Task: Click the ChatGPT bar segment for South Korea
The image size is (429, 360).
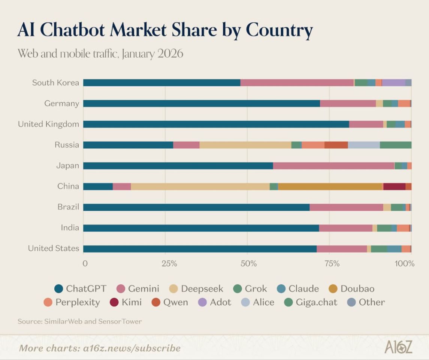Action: click(161, 83)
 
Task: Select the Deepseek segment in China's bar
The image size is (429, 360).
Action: click(200, 187)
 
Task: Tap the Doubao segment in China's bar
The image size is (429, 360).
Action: click(330, 187)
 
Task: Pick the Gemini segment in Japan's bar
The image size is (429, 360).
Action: click(333, 166)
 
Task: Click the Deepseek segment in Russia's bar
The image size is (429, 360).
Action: click(245, 145)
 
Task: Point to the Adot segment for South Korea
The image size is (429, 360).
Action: click(393, 83)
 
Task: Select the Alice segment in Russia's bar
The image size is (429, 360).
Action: click(364, 145)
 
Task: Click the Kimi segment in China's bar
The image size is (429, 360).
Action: click(394, 187)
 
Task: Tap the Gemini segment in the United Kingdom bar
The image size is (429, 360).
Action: click(366, 124)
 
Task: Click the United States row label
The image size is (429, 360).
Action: click(54, 248)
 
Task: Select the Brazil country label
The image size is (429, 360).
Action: click(68, 207)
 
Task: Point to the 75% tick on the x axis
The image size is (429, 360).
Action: click(332, 263)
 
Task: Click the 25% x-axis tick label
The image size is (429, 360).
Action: click(169, 263)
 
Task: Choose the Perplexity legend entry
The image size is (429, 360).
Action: click(72, 302)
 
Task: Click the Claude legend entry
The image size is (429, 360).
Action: click(298, 289)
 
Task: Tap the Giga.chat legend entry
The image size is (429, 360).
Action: click(311, 302)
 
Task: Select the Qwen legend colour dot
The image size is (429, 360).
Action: click(157, 302)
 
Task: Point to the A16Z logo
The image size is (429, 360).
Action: click(398, 347)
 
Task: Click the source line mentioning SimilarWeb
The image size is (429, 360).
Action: click(80, 321)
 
